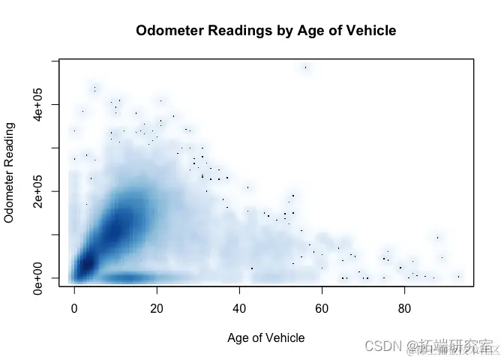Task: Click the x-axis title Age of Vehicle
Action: [266, 337]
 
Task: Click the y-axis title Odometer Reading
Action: [10, 172]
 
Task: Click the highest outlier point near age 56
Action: [305, 67]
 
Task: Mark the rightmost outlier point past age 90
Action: [458, 276]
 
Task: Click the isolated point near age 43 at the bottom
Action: [252, 268]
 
